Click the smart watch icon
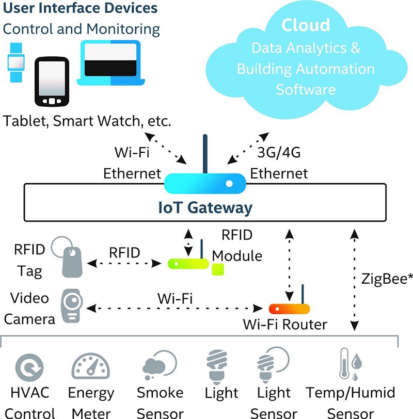click(x=15, y=62)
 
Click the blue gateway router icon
click(x=205, y=182)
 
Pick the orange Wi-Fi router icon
click(x=289, y=309)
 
